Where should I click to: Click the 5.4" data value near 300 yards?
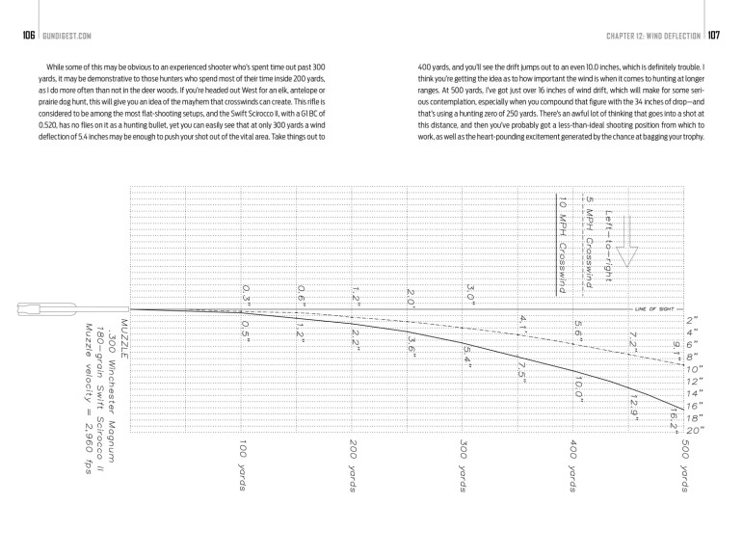[468, 354]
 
